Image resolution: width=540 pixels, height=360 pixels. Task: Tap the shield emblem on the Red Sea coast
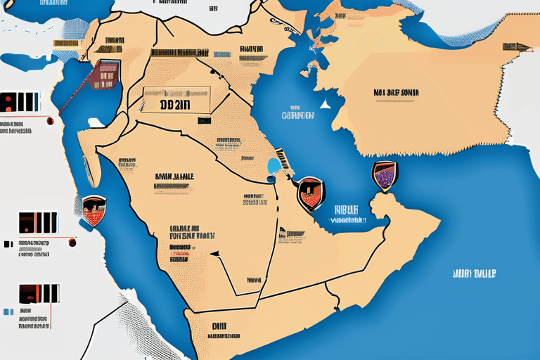[x=93, y=209]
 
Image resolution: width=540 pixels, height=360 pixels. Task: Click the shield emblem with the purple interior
[x=382, y=176]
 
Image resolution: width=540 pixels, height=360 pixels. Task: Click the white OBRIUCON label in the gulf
[x=297, y=115]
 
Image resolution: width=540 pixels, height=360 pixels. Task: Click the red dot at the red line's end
[x=72, y=243]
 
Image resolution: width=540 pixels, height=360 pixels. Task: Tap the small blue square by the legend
[x=8, y=310]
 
